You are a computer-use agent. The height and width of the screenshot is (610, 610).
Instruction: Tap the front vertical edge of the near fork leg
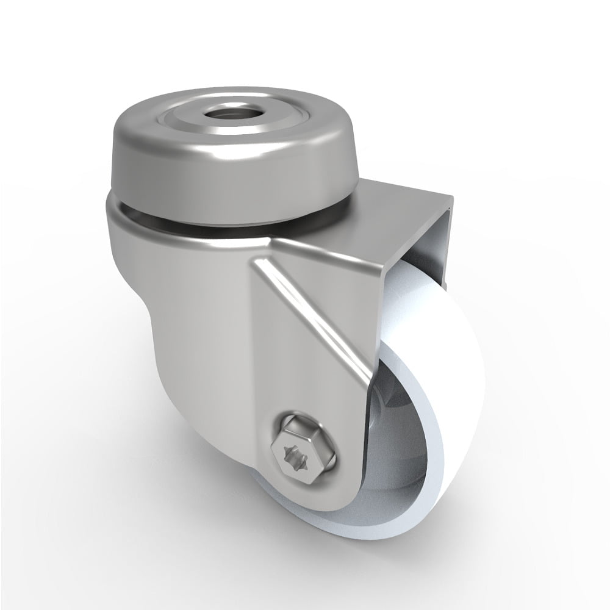tap(366, 366)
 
